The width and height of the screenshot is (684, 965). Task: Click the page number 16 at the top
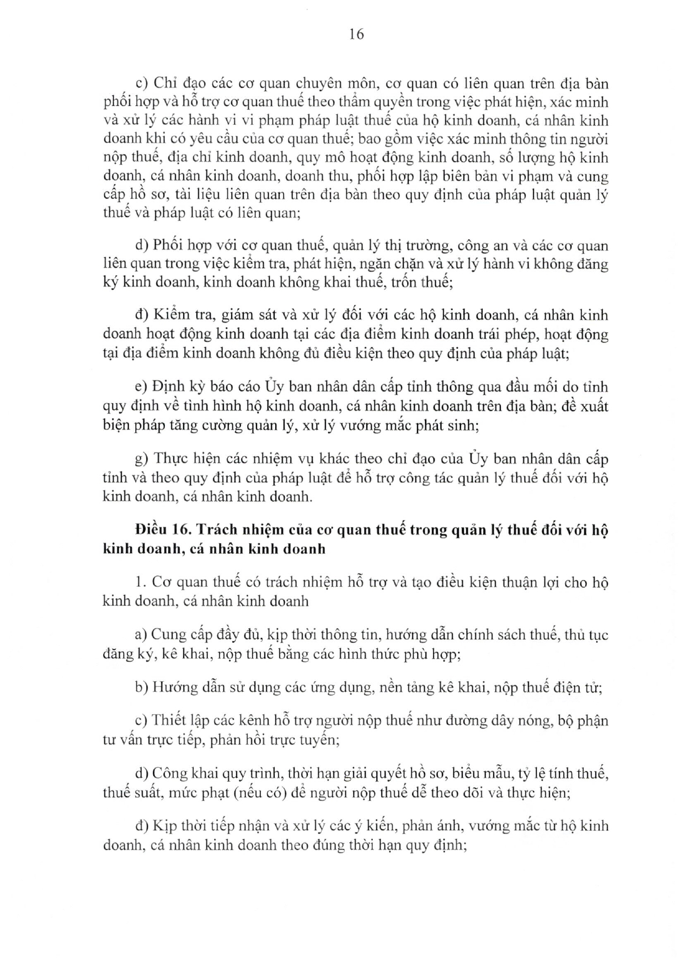click(x=356, y=34)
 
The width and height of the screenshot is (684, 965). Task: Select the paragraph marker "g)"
click(x=142, y=459)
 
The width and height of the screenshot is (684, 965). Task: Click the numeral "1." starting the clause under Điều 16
click(x=140, y=582)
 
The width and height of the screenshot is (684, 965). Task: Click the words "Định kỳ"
click(x=178, y=387)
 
